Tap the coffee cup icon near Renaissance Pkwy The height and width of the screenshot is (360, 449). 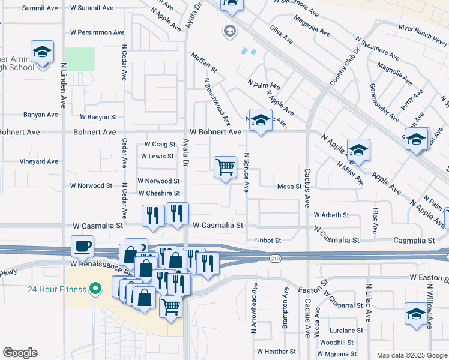[x=83, y=246]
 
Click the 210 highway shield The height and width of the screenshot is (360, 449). [x=274, y=258]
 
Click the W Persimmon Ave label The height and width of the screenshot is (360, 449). [x=97, y=32]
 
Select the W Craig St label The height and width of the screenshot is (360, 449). [x=160, y=144]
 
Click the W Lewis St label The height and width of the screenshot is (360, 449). [x=157, y=156]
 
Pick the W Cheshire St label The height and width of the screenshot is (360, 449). [x=159, y=193]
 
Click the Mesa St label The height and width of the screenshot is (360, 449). [x=289, y=187]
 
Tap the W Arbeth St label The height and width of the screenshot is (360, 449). [x=331, y=215]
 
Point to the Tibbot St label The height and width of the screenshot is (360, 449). [x=267, y=240]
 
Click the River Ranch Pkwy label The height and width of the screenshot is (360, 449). [x=423, y=35]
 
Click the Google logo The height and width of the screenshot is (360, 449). [x=20, y=353]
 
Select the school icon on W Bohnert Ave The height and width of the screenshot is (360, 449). [x=261, y=121]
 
